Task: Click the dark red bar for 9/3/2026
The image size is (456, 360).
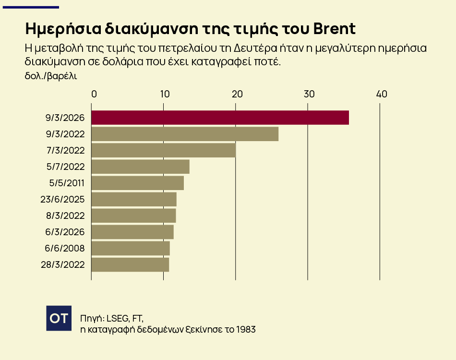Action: coord(220,118)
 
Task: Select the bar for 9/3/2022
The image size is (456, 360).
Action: coord(185,134)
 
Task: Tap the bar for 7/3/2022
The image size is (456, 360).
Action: coord(163,150)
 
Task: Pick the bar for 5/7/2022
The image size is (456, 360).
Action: coord(140,167)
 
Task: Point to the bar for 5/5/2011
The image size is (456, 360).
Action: coord(137,183)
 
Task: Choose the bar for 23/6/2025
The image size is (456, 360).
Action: coord(134,199)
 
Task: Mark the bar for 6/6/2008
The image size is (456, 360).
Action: coord(131,248)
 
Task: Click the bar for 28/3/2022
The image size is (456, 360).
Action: coord(130,264)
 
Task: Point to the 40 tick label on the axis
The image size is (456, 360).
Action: coord(382,94)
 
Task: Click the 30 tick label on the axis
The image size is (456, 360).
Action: coord(309,94)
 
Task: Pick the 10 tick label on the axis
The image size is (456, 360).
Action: coord(165,94)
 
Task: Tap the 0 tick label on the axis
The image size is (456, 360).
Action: coord(94,94)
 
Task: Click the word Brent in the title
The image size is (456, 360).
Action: coord(334,29)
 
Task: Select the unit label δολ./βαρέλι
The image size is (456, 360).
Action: coord(51,75)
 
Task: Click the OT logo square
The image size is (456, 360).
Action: coord(59,318)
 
